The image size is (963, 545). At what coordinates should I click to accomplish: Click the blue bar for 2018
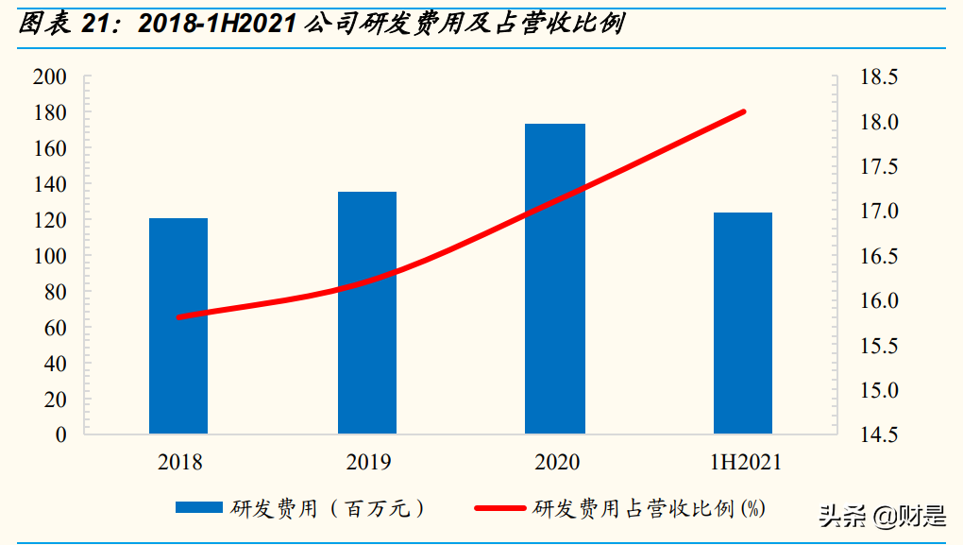[178, 326]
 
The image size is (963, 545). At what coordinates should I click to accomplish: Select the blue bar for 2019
[367, 313]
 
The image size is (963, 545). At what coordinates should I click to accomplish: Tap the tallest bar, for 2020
[555, 279]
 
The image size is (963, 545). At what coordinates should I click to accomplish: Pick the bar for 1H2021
[743, 323]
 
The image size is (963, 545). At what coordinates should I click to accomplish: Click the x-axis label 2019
[368, 463]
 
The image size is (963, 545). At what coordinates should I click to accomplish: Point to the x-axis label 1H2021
[745, 463]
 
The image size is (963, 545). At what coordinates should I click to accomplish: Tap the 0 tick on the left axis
[60, 435]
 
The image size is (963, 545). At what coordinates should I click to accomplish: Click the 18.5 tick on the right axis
[879, 77]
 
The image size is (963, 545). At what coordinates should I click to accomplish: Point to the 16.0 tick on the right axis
[879, 301]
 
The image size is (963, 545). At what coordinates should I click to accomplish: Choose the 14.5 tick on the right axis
[879, 435]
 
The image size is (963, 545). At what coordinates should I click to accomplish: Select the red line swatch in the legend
[499, 508]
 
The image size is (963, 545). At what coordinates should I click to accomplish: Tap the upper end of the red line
[744, 111]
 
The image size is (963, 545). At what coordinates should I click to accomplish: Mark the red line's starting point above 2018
[179, 317]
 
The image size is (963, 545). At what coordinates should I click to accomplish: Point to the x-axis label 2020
[557, 463]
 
